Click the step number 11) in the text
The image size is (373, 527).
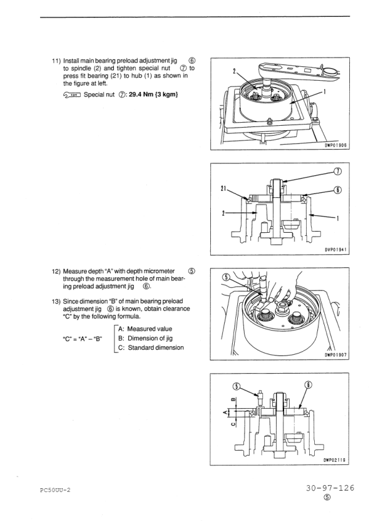point(56,61)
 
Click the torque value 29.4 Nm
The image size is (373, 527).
point(142,95)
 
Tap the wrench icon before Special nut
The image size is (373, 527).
point(71,95)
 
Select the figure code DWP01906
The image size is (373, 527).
point(335,146)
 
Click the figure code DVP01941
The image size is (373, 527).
point(335,250)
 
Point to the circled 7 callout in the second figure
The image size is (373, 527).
point(337,171)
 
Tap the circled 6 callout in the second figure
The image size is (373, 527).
point(337,190)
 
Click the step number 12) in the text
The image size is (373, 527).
point(56,271)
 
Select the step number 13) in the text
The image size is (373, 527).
point(56,302)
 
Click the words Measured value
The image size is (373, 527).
point(150,329)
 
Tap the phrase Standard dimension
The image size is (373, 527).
point(156,348)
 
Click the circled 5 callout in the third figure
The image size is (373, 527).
point(227,277)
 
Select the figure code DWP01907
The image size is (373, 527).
point(335,355)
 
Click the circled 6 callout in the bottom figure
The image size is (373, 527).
point(308,385)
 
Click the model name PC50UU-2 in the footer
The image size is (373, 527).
point(55,490)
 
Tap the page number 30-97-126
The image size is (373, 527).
point(330,488)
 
